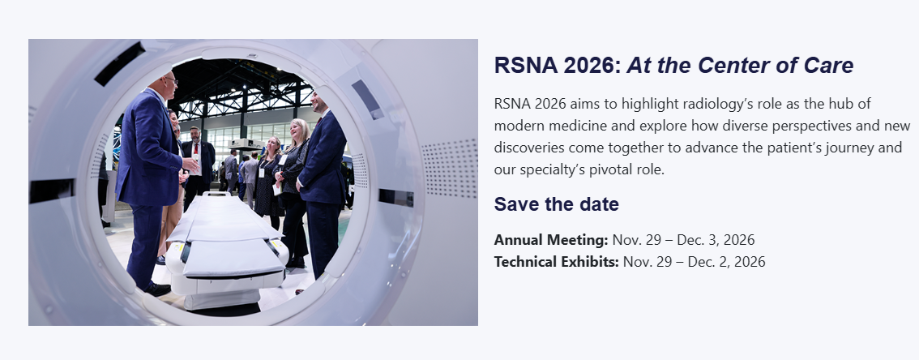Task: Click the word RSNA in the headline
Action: [526, 65]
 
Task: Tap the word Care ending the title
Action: [828, 65]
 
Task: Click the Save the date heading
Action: [556, 204]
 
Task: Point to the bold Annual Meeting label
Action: [551, 240]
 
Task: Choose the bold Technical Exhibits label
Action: [556, 262]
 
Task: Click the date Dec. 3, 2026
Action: [716, 240]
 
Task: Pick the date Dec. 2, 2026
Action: [726, 262]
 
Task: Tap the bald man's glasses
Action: [170, 79]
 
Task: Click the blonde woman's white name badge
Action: [283, 160]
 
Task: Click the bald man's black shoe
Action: [157, 289]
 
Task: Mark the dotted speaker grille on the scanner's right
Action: [450, 169]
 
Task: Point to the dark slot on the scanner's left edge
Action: [52, 191]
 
